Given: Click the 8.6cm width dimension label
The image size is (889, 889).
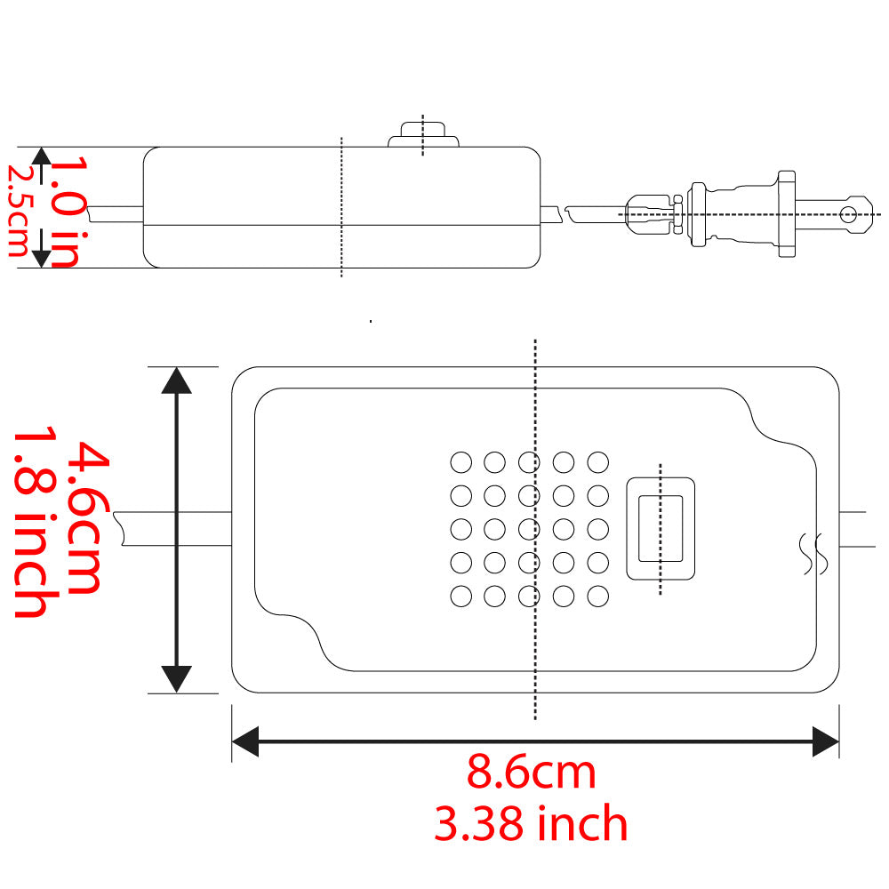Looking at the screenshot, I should [531, 773].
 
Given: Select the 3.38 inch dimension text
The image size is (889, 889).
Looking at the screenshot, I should [531, 824].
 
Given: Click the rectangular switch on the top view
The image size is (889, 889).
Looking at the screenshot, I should [661, 529].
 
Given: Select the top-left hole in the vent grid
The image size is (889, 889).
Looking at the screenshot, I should [461, 462].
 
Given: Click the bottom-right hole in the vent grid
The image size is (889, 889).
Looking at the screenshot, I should [598, 597].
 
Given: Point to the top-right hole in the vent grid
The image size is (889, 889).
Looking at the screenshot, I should [598, 462].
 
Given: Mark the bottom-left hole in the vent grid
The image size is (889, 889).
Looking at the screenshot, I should [461, 597].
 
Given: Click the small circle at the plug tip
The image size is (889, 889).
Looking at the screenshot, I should [849, 213].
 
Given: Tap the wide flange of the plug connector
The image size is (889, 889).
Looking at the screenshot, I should [786, 213].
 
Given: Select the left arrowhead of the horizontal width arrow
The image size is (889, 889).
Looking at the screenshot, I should [244, 741].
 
